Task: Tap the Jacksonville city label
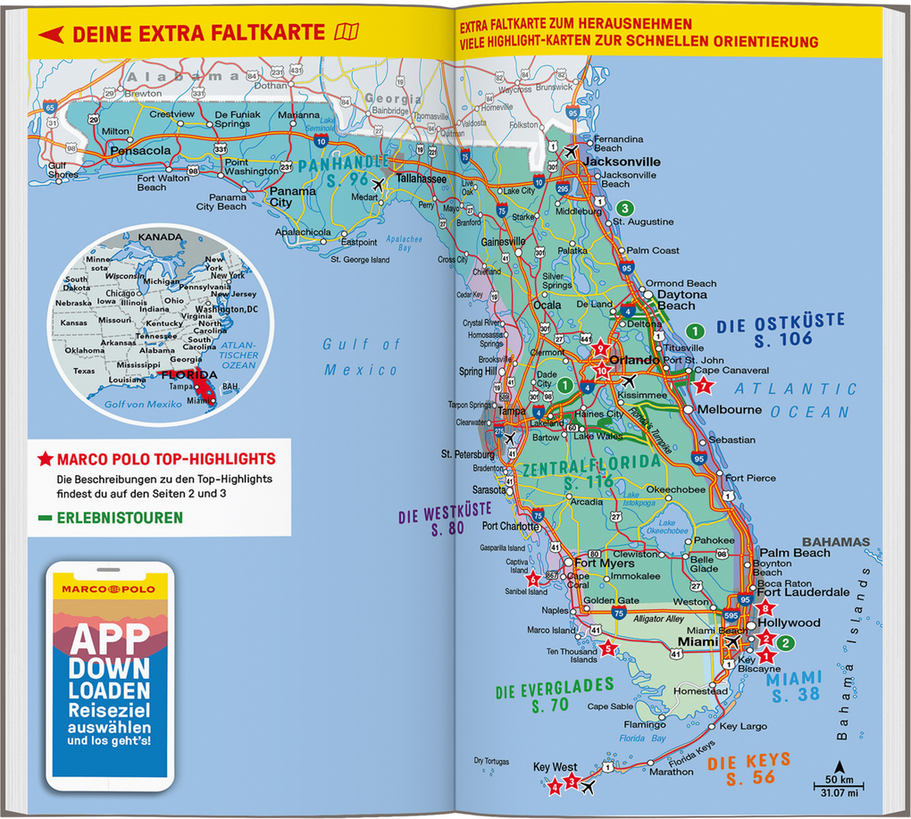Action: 622,162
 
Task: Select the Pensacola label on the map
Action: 139,151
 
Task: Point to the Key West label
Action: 555,767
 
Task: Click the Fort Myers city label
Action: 604,564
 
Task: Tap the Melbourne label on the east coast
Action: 730,410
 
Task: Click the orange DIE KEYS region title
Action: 749,761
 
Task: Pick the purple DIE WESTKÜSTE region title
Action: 444,515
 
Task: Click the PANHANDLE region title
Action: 344,165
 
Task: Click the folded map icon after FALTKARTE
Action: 346,34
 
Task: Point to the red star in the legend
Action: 45,460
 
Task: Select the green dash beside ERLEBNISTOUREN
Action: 45,518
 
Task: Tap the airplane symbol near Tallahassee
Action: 378,184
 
